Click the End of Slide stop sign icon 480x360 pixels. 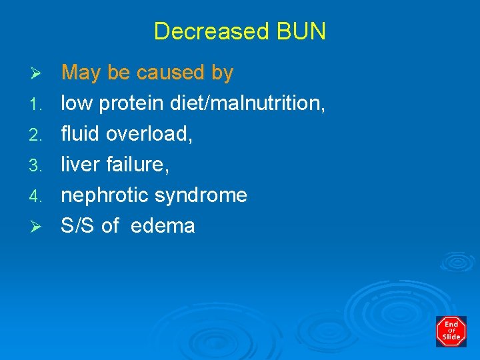coord(451,331)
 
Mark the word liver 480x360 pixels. coord(79,165)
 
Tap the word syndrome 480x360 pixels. coord(201,196)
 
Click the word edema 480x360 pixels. coord(163,226)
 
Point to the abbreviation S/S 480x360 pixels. coord(78,226)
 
